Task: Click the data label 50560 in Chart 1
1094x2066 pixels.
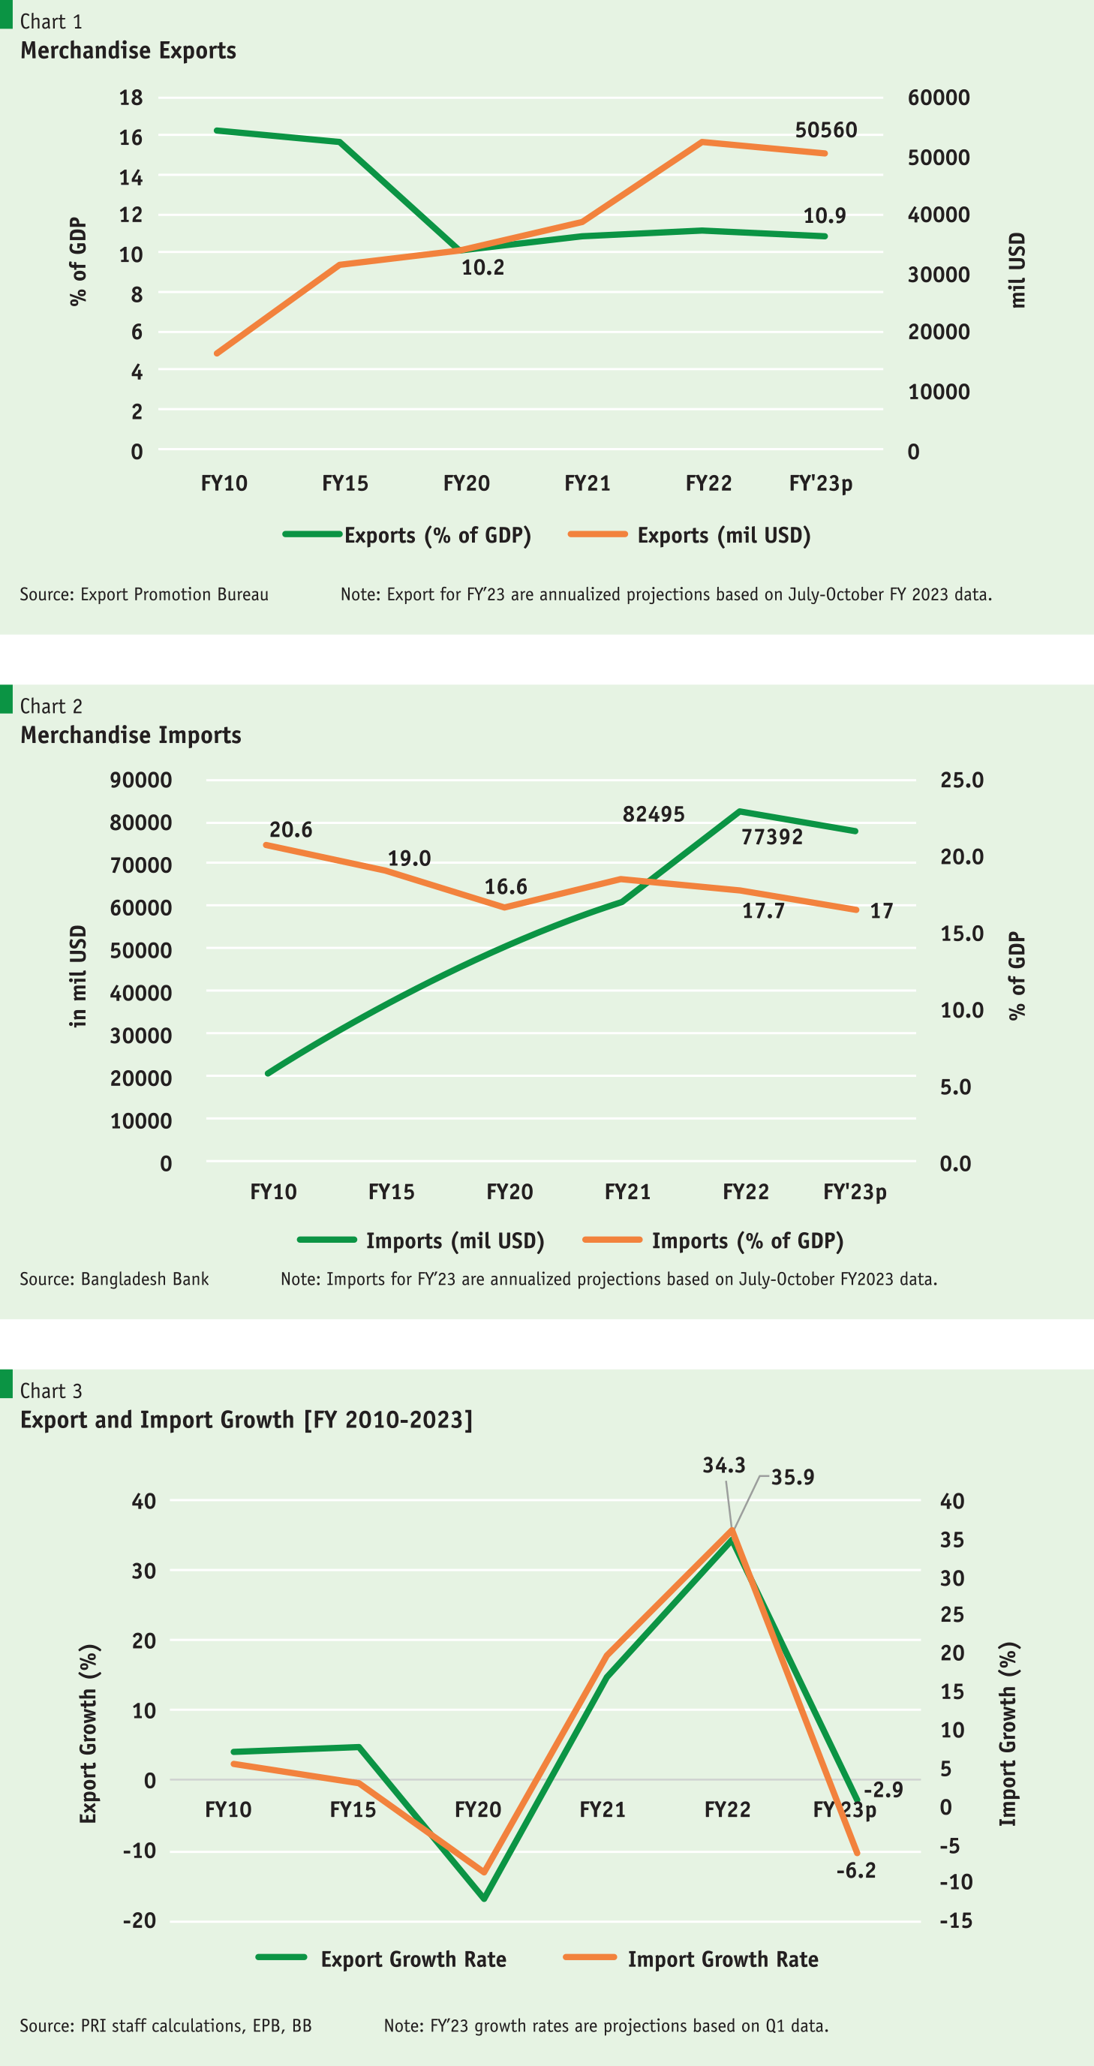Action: tap(825, 130)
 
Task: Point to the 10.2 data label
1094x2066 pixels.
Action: tap(482, 268)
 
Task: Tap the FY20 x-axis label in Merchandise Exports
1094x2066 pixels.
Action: tap(466, 483)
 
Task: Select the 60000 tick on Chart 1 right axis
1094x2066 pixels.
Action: tap(939, 98)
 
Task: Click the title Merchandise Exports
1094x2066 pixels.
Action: tap(128, 50)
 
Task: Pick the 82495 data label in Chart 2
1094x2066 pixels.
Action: tap(653, 814)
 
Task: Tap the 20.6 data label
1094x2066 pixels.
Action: tap(290, 829)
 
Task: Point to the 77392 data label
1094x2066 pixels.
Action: tap(771, 838)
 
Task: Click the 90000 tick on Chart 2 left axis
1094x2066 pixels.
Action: tap(140, 780)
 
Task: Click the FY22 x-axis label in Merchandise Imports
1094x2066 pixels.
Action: tap(745, 1192)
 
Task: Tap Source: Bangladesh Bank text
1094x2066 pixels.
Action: tap(114, 1280)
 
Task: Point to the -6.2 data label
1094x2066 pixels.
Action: tap(856, 1871)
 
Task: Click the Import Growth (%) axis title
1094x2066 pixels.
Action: tap(1008, 1735)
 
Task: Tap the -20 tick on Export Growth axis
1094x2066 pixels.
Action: tap(140, 1921)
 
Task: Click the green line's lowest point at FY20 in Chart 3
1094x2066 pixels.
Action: tap(484, 1899)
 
